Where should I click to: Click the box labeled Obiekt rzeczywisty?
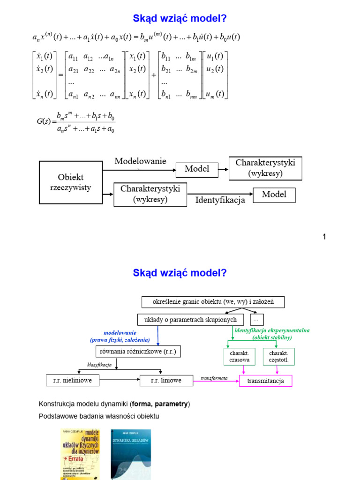[70, 182]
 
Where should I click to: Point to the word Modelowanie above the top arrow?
[140, 161]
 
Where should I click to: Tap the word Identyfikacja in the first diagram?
[220, 200]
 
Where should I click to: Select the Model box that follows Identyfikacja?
[274, 195]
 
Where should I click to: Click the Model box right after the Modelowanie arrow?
[197, 169]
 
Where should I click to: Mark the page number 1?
[323, 237]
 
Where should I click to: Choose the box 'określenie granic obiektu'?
[213, 301]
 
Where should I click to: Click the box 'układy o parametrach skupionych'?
[191, 320]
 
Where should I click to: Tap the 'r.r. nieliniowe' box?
[73, 380]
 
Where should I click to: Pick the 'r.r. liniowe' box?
[166, 380]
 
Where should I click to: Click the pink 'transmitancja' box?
[265, 381]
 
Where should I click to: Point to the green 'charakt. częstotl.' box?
[278, 356]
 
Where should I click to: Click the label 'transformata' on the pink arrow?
[214, 377]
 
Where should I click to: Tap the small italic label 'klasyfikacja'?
[99, 364]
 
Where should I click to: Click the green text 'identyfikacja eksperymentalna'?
[272, 330]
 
